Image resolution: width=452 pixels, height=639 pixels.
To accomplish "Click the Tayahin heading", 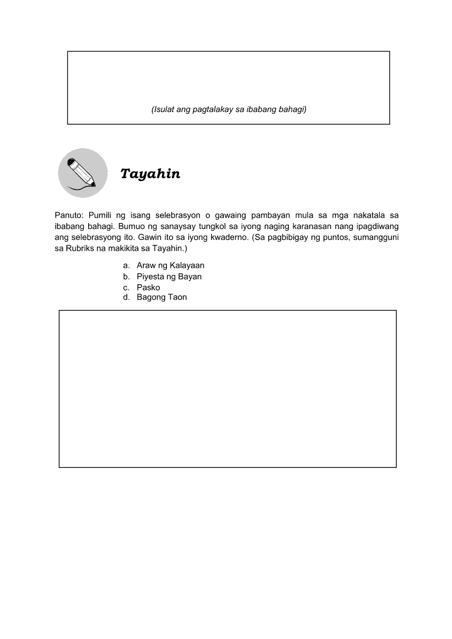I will [x=150, y=174].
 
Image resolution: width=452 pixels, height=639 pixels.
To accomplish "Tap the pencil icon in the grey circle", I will [x=82, y=173].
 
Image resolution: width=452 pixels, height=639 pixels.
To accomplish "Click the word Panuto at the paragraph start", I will [x=67, y=215].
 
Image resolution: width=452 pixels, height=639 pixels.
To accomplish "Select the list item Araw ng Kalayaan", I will [x=170, y=266].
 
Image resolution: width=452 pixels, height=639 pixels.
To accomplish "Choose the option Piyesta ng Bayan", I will [x=169, y=277].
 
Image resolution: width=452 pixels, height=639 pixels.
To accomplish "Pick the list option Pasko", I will [x=148, y=288].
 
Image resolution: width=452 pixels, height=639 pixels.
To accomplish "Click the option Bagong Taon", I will [x=161, y=297].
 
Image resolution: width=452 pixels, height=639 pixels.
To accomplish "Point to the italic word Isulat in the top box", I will [x=163, y=110].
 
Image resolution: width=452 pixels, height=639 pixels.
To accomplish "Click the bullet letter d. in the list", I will [x=126, y=297].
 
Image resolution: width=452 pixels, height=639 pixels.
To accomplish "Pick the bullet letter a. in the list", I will [x=126, y=266].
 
